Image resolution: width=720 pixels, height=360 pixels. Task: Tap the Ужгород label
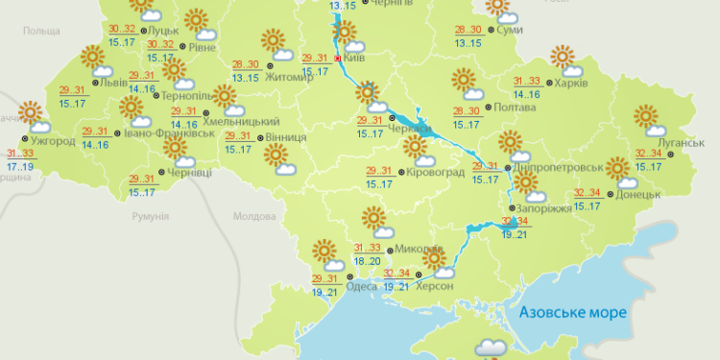[53, 141]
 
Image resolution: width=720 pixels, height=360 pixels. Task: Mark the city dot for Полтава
[488, 108]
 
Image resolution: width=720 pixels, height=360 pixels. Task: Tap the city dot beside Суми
[490, 31]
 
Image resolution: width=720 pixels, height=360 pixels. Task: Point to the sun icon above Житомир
[275, 40]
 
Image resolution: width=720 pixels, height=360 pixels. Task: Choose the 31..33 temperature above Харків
[526, 82]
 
